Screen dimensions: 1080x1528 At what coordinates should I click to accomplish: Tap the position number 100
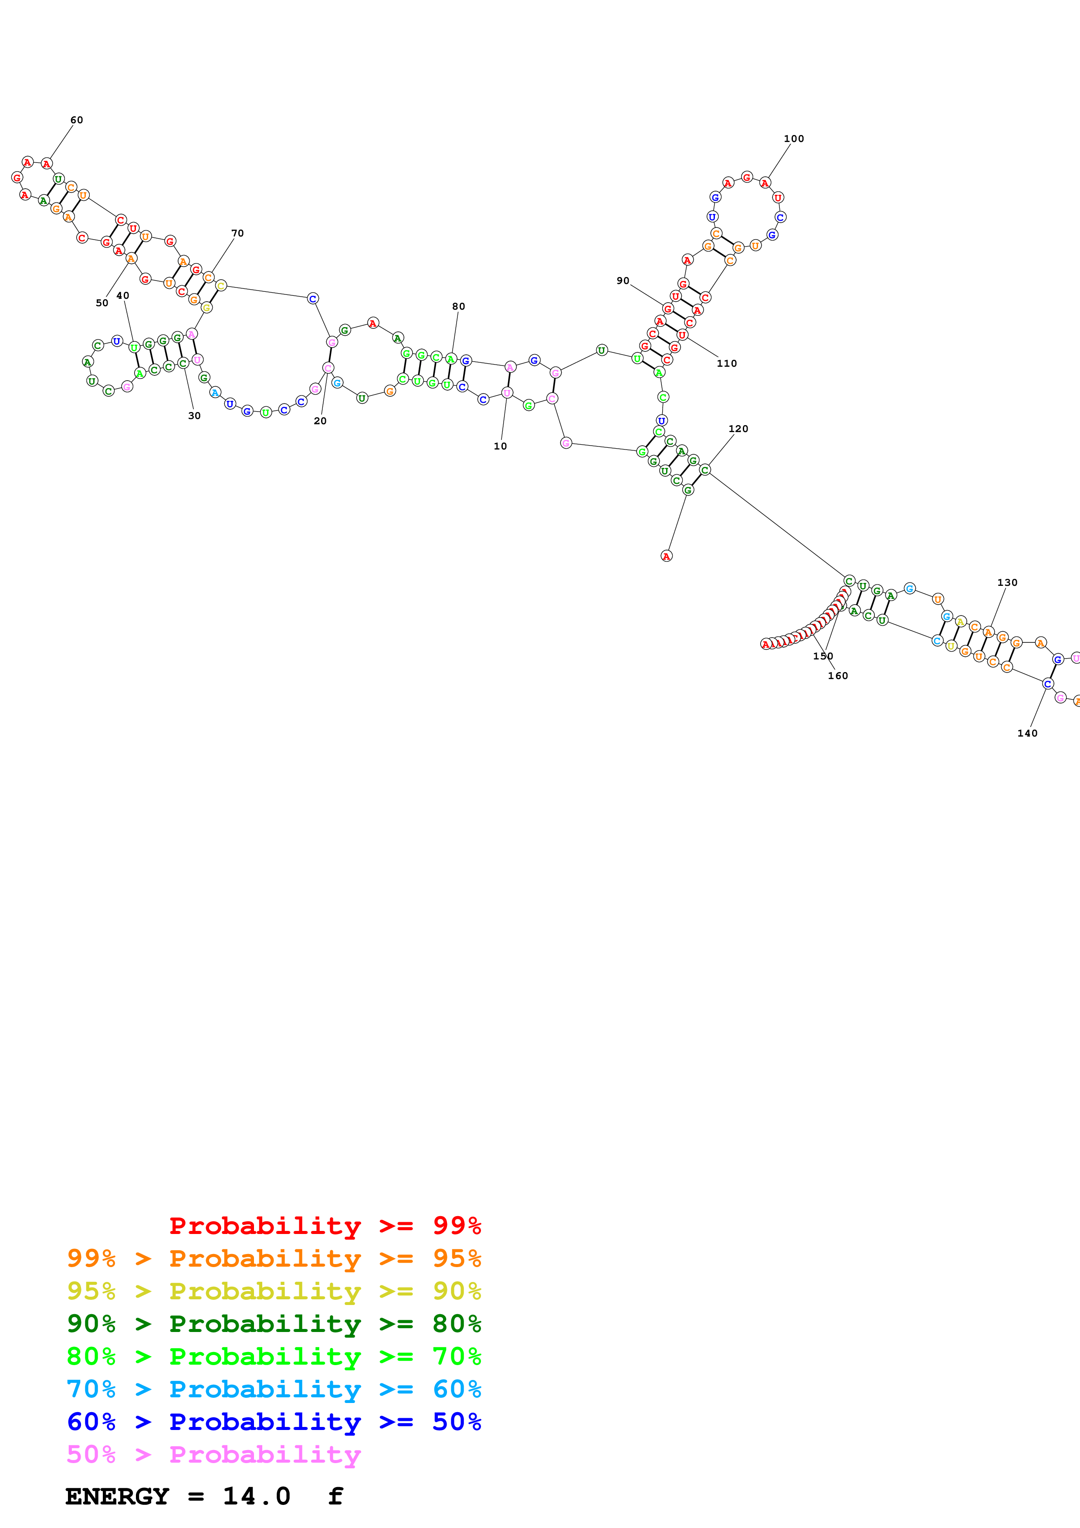click(x=793, y=139)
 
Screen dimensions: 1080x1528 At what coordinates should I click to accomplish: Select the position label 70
click(x=237, y=233)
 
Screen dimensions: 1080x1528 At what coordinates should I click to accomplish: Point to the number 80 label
click(x=458, y=307)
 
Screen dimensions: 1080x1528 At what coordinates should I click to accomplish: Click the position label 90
click(x=623, y=281)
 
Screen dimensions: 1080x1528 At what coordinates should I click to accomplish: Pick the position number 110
click(x=727, y=363)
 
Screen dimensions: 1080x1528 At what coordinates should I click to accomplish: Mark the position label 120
click(x=738, y=429)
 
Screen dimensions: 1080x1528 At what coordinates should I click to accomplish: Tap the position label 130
click(x=1007, y=582)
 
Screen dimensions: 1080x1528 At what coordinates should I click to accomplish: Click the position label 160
click(x=838, y=676)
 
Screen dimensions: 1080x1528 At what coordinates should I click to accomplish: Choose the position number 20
click(x=320, y=421)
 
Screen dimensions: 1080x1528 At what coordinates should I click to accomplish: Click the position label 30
click(x=194, y=416)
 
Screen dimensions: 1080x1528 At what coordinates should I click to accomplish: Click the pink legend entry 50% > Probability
click(x=213, y=1455)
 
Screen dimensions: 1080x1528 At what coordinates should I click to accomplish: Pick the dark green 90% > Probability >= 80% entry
click(x=274, y=1324)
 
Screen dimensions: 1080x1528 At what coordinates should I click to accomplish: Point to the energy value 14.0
click(x=256, y=1497)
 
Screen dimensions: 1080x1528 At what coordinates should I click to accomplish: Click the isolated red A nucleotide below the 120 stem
click(x=666, y=556)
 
